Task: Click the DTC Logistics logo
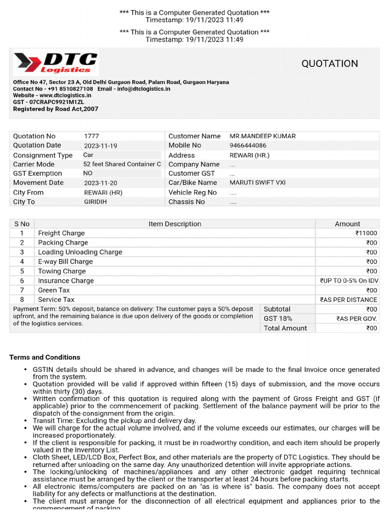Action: click(56, 63)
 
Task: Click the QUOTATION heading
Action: click(330, 64)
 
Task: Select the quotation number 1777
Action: click(92, 136)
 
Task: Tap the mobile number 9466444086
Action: click(248, 145)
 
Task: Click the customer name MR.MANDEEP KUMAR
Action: click(262, 136)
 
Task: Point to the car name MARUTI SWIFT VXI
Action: click(257, 183)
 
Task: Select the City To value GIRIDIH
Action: click(96, 201)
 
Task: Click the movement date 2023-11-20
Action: click(100, 183)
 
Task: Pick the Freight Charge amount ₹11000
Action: click(366, 233)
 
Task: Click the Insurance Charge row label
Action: click(66, 281)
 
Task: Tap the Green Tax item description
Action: click(54, 290)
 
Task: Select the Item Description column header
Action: click(175, 224)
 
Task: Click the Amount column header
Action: click(347, 224)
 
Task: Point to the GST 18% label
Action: click(278, 319)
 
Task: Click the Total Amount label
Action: click(285, 328)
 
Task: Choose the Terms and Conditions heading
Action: click(45, 357)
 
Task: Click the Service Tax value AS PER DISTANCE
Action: click(348, 300)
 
